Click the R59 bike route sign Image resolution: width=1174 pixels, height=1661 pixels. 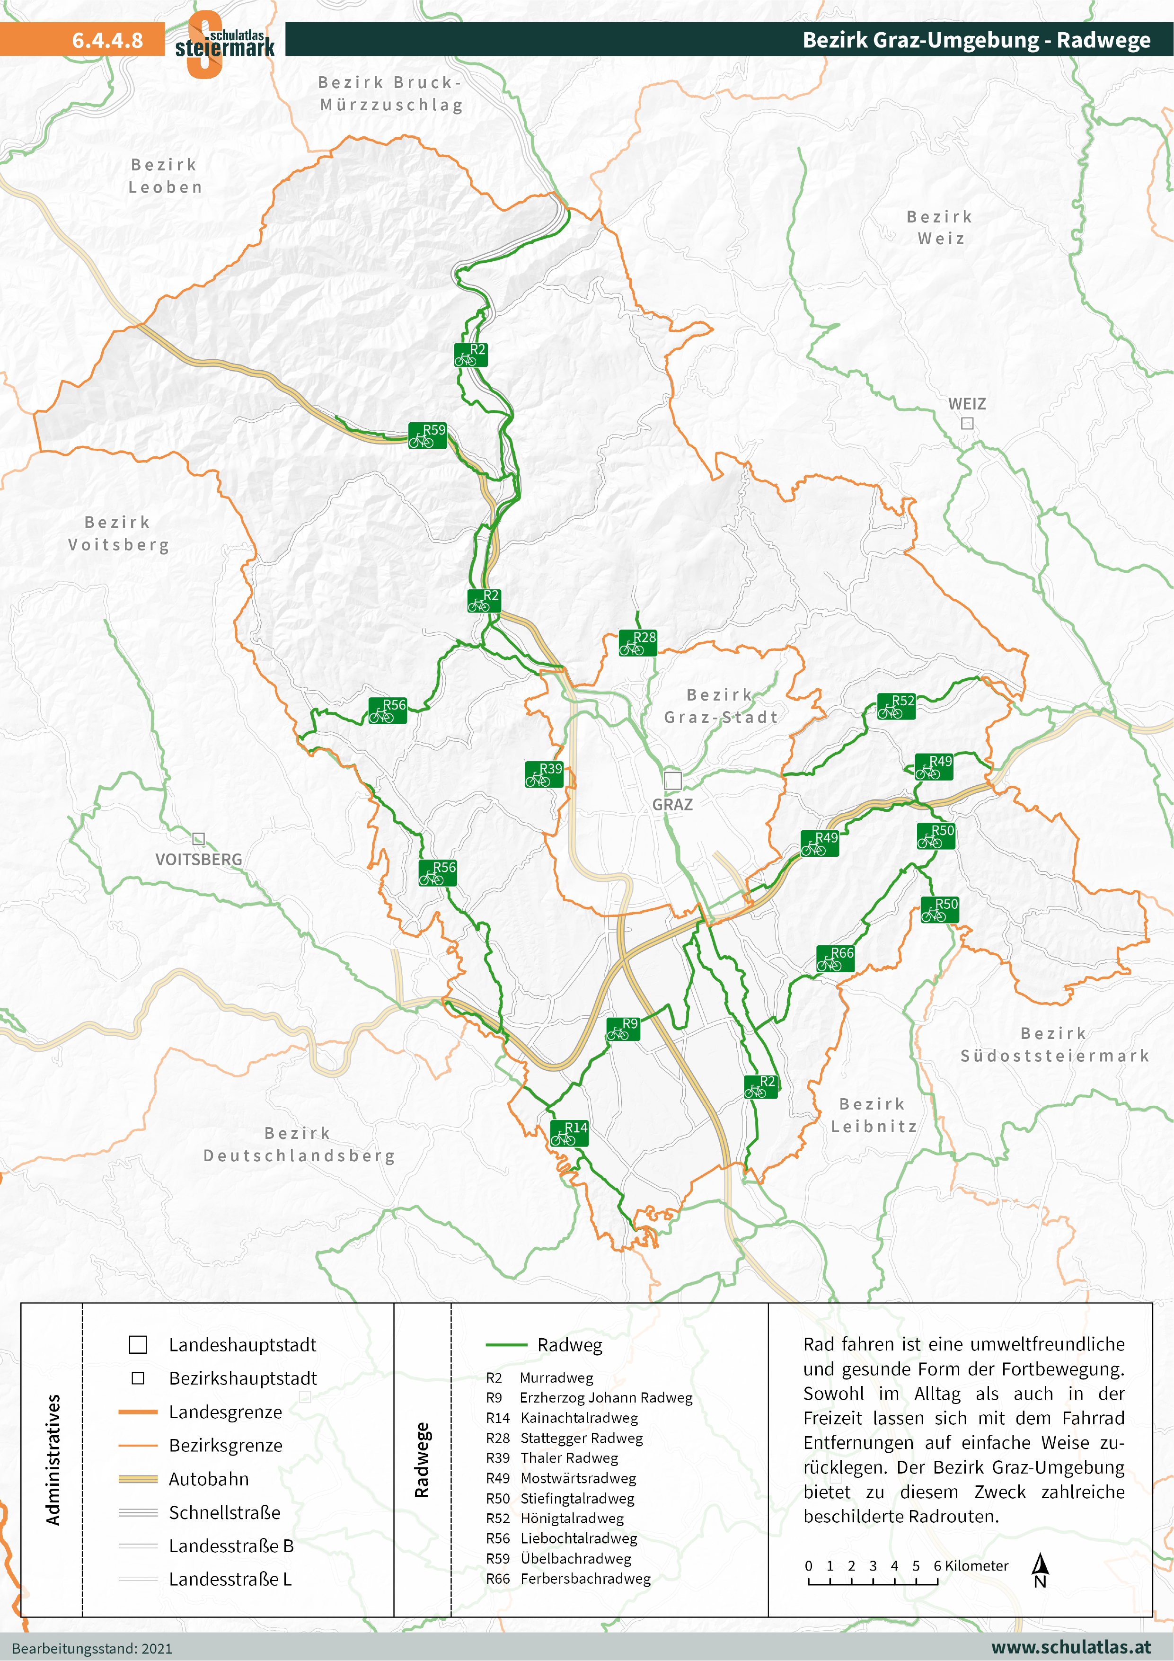click(x=427, y=435)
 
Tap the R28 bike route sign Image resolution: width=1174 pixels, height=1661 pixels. click(x=637, y=643)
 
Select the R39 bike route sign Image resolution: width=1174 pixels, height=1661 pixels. click(x=544, y=775)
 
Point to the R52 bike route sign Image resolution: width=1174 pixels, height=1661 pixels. click(x=896, y=706)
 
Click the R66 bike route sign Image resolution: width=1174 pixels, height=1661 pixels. click(x=836, y=959)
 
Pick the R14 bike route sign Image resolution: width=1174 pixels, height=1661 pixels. click(x=569, y=1134)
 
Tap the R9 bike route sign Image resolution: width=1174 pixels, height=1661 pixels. click(x=623, y=1029)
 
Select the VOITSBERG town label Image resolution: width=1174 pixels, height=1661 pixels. click(x=199, y=860)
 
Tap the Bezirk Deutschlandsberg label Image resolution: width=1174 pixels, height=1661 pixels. click(x=299, y=1145)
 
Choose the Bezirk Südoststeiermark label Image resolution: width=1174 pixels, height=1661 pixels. click(x=1054, y=1045)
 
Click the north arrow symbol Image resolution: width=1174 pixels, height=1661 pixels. click(x=1040, y=1570)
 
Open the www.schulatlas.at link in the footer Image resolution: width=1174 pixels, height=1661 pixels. click(x=1070, y=1647)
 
